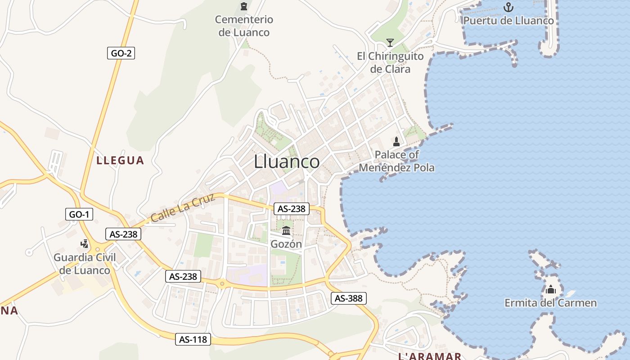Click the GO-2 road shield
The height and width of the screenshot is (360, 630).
tap(121, 53)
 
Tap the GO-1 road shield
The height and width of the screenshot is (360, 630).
tap(79, 214)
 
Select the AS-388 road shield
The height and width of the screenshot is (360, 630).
tap(349, 298)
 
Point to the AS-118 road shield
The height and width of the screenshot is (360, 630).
tap(193, 339)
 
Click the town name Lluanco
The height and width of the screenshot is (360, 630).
tap(287, 162)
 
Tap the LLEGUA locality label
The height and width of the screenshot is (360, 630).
tap(120, 160)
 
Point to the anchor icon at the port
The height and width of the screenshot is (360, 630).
tap(508, 7)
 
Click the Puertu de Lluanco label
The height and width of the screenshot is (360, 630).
tap(508, 21)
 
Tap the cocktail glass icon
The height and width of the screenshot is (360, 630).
tap(390, 43)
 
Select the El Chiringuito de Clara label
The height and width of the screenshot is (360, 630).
tap(390, 63)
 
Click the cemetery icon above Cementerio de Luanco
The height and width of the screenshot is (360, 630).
tap(244, 6)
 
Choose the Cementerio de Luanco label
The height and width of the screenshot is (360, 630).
tap(244, 26)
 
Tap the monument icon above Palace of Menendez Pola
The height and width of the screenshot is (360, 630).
tap(396, 142)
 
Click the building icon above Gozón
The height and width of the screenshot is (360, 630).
tap(286, 231)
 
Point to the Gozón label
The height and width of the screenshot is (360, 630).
tap(286, 244)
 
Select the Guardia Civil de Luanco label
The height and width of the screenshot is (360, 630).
tap(85, 264)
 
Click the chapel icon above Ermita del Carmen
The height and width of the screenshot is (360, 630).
tap(551, 289)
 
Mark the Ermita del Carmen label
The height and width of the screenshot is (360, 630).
tap(551, 303)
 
